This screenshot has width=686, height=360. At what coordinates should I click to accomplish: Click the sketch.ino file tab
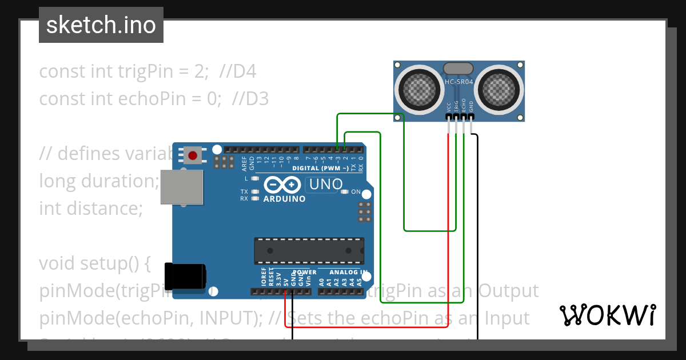pyautogui.click(x=101, y=25)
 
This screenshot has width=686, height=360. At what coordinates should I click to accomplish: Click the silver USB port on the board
pyautogui.click(x=181, y=187)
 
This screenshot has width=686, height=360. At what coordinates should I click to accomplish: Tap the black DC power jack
pyautogui.click(x=185, y=276)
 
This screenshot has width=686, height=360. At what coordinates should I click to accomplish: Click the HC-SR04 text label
pyautogui.click(x=459, y=82)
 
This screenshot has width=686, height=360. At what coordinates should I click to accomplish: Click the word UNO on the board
pyautogui.click(x=325, y=184)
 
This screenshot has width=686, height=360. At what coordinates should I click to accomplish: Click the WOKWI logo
pyautogui.click(x=607, y=314)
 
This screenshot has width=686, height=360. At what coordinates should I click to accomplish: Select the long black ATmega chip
pyautogui.click(x=309, y=252)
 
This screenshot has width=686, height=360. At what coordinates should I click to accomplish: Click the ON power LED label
pyautogui.click(x=356, y=192)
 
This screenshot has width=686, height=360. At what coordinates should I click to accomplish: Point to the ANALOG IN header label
pyautogui.click(x=348, y=272)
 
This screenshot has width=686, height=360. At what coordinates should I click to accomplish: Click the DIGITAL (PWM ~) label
pyautogui.click(x=320, y=168)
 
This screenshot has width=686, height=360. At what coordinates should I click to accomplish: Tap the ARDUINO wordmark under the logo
pyautogui.click(x=284, y=199)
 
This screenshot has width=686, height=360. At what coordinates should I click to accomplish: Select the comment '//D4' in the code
pyautogui.click(x=237, y=71)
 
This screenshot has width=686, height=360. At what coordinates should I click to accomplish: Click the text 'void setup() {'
pyautogui.click(x=94, y=263)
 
